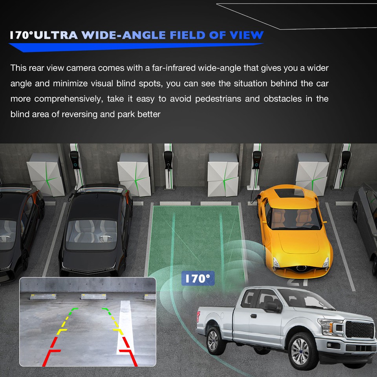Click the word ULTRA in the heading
pos(57,35)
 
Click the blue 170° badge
pos(198,278)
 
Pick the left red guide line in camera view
pos(53,346)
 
